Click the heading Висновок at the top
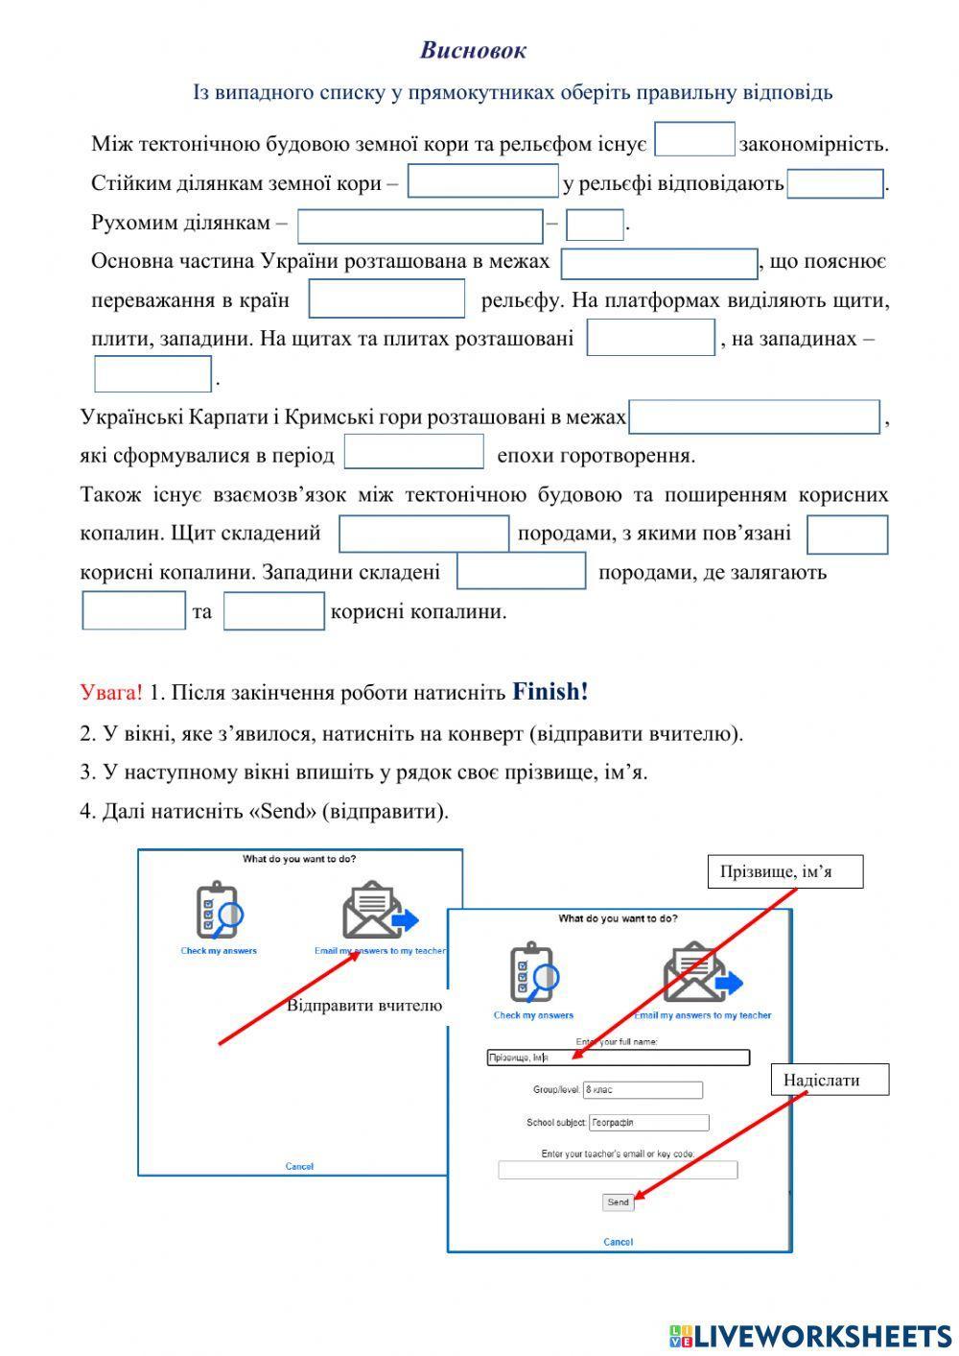click(x=473, y=50)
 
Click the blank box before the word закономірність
click(x=694, y=139)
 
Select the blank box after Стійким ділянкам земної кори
click(x=482, y=180)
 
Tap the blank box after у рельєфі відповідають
click(x=834, y=183)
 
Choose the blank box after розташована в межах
click(x=660, y=264)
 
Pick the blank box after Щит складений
click(x=424, y=534)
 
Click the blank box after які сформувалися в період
click(x=413, y=451)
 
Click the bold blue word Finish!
click(x=550, y=692)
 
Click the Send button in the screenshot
click(x=618, y=1201)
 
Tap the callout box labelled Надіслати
click(x=830, y=1080)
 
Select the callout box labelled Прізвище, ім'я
click(x=785, y=871)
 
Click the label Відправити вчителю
click(x=364, y=1006)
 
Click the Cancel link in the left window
click(x=299, y=1166)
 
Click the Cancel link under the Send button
click(x=618, y=1242)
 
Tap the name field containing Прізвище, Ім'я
click(x=618, y=1058)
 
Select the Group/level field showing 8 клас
click(x=643, y=1090)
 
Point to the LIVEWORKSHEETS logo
click(x=810, y=1335)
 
